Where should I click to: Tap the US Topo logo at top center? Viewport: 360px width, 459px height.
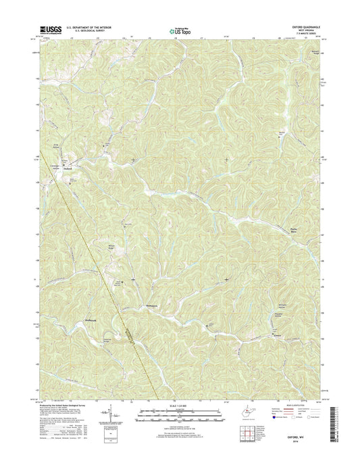tap(175, 29)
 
